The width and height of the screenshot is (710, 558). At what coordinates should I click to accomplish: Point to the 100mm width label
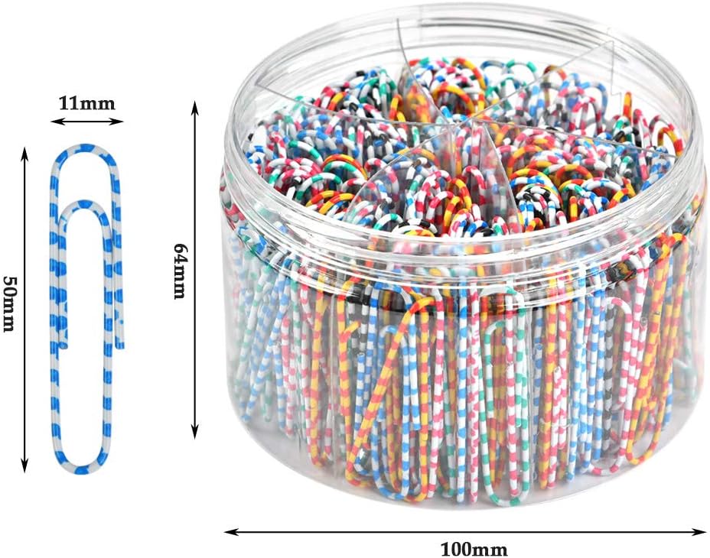(x=474, y=548)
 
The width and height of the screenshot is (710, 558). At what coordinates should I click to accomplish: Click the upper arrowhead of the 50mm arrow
(x=24, y=153)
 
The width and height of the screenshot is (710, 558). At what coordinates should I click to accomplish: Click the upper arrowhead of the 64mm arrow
(x=196, y=104)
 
